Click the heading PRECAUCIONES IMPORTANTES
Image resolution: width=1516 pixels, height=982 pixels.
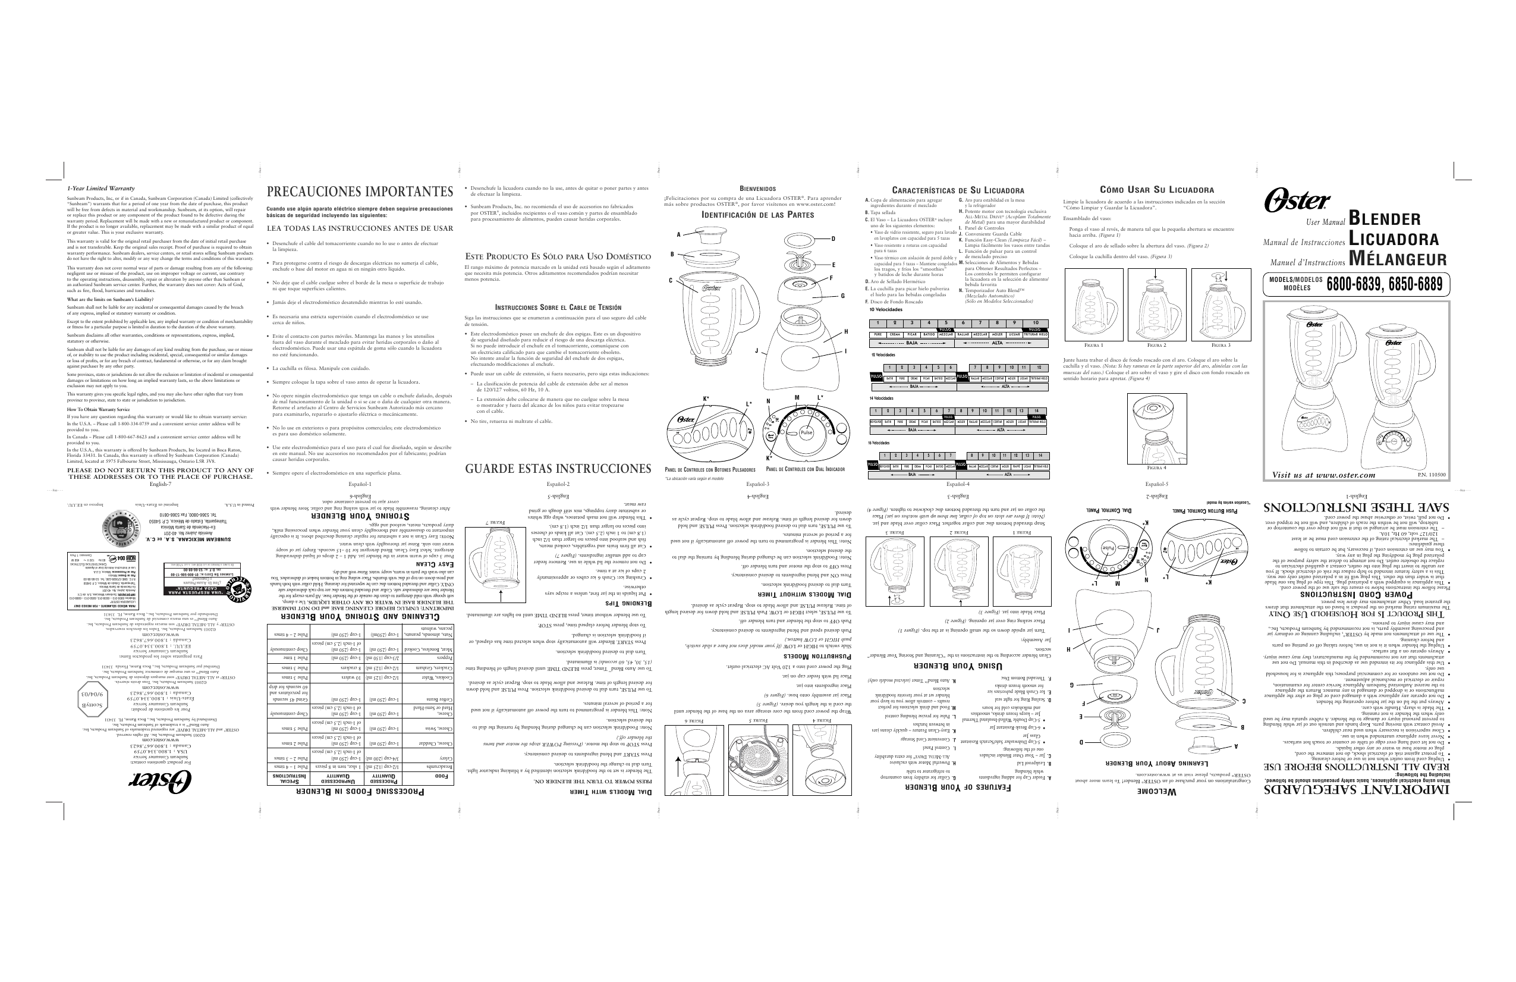coord(360,192)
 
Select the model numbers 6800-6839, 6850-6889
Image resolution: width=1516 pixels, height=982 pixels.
coord(1384,285)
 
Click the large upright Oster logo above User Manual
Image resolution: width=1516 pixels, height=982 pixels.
coord(1296,200)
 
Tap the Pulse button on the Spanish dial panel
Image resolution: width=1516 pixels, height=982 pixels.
coord(806,432)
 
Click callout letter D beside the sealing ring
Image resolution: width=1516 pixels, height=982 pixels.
coord(832,239)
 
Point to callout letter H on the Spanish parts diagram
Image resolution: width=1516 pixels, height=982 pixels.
coord(846,332)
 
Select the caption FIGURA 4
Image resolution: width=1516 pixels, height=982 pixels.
coord(1156,468)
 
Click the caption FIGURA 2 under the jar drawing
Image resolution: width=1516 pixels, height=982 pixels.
coord(1156,346)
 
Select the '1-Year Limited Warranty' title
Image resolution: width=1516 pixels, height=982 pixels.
coord(101,189)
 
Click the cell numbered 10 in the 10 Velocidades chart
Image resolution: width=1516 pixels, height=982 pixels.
coord(1035,323)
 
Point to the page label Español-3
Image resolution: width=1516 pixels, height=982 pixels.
coord(757,484)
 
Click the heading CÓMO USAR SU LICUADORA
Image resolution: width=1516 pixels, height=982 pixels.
coord(1157,190)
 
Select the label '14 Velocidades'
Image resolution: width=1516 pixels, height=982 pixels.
coord(882,399)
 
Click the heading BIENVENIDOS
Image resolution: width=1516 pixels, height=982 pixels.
coord(757,189)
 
